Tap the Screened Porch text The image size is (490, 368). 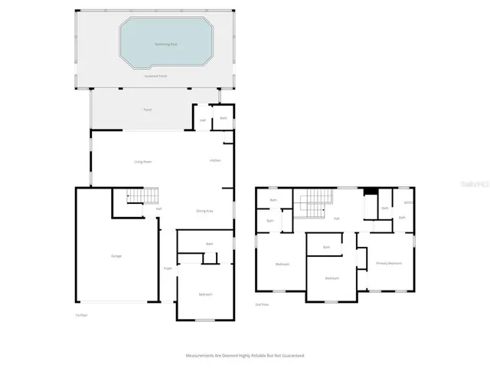156,77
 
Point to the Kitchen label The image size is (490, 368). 216,160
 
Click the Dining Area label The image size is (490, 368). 204,210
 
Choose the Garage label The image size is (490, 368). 116,256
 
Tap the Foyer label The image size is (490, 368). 167,268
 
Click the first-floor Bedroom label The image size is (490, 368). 206,294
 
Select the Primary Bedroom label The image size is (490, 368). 389,263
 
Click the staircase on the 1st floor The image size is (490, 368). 136,197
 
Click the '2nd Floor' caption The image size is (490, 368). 263,304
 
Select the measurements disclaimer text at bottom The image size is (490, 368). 245,355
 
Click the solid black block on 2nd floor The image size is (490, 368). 371,192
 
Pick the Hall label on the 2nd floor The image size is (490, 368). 336,219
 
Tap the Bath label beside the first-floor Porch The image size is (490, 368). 224,118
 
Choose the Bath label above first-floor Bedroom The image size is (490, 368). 209,245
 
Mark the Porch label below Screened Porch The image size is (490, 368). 148,110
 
